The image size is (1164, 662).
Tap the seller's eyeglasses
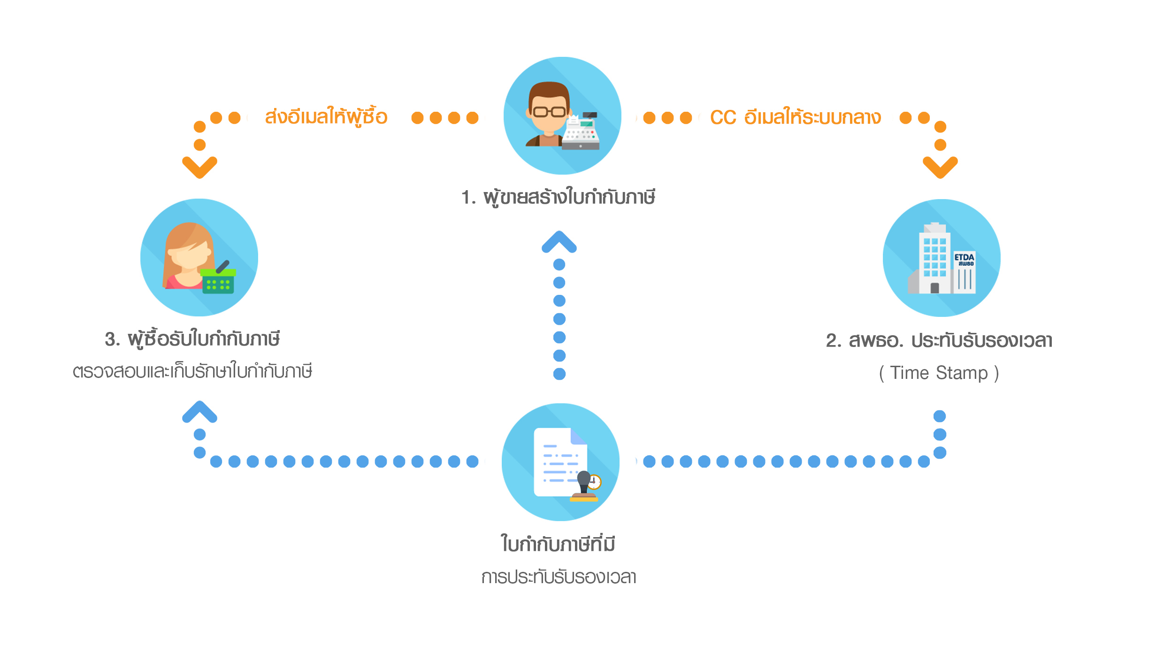click(549, 112)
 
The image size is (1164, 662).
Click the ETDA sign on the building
click(964, 259)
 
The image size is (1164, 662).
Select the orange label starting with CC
click(796, 117)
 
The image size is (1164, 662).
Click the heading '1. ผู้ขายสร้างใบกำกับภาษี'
click(558, 197)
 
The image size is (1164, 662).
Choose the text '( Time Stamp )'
click(939, 373)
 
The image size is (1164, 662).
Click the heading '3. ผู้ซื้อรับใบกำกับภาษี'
click(192, 339)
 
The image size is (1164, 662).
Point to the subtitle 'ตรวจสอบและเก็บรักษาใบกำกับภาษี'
click(192, 371)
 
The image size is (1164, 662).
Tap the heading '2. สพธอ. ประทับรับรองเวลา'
click(939, 340)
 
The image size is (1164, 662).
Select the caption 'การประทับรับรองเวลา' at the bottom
click(559, 577)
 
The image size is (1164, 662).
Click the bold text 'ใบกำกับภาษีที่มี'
click(558, 544)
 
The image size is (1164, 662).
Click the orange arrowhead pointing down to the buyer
click(199, 167)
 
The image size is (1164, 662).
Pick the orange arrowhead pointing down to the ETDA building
click(940, 167)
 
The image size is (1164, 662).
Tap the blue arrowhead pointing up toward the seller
click(559, 242)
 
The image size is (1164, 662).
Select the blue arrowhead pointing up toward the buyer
click(199, 412)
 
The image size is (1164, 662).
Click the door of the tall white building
click(934, 288)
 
